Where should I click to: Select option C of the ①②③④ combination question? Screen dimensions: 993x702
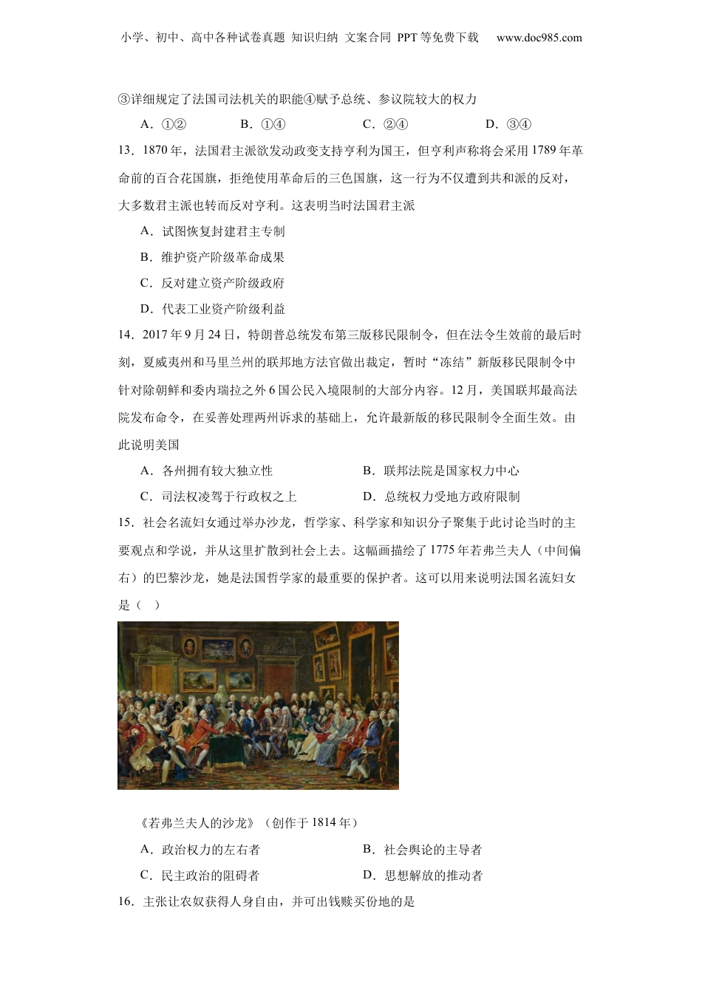click(385, 124)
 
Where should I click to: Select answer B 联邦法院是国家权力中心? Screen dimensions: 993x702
click(441, 471)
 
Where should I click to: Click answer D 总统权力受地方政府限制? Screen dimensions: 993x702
click(441, 496)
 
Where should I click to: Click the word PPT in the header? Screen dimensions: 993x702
click(406, 38)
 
